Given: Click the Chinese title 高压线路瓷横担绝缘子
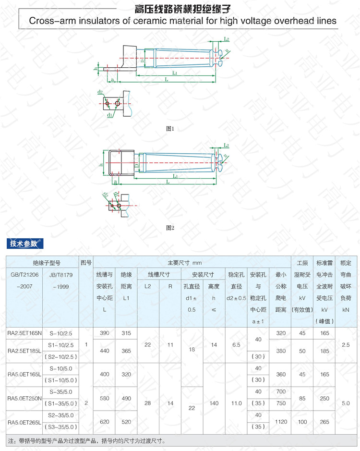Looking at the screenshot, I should (x=180, y=8).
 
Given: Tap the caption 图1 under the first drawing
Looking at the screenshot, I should (x=169, y=129).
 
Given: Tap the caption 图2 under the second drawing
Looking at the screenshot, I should (x=169, y=228).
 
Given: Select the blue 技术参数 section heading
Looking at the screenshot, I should (x=24, y=244).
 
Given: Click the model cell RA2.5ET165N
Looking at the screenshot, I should (x=24, y=333).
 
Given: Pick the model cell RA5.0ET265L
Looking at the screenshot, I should (x=24, y=422).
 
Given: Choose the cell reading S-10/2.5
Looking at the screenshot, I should (x=60, y=333).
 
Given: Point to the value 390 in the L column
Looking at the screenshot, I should (x=104, y=333).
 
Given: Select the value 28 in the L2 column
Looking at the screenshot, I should (x=147, y=403).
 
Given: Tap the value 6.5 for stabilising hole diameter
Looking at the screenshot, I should (x=236, y=345).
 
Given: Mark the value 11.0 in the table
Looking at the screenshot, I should (x=236, y=403).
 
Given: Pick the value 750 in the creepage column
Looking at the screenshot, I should (x=281, y=403).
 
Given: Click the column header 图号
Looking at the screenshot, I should (x=86, y=263).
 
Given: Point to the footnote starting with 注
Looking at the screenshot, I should (x=86, y=440).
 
